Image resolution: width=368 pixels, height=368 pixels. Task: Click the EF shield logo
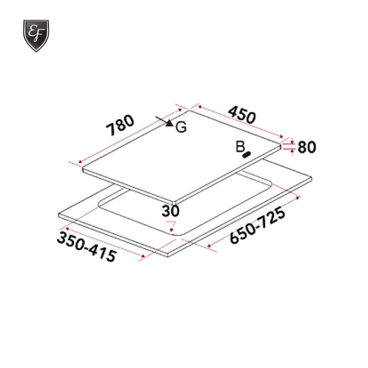[36, 35]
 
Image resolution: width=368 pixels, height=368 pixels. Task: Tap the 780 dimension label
[120, 125]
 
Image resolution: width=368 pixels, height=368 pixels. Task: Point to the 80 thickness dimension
[307, 147]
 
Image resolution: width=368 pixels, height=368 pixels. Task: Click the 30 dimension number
[170, 211]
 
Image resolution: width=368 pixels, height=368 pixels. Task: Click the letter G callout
[182, 127]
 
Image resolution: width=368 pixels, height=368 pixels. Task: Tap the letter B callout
[240, 147]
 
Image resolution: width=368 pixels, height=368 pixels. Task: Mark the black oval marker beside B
[246, 155]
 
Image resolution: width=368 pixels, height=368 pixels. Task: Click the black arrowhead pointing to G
[169, 123]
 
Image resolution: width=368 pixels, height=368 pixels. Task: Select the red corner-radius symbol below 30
[171, 225]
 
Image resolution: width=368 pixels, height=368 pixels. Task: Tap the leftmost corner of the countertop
[59, 215]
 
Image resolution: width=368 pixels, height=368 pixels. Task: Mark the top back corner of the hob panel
[189, 110]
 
